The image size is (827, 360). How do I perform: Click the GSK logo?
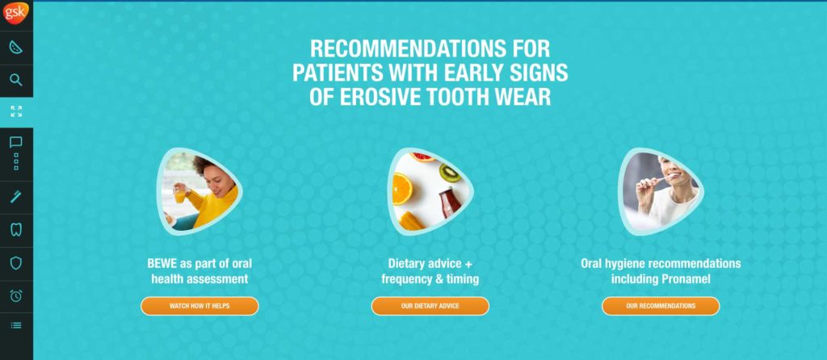click(16, 13)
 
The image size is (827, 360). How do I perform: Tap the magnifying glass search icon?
click(16, 80)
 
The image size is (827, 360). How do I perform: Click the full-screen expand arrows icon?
click(16, 111)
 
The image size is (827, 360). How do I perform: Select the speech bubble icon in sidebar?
click(16, 143)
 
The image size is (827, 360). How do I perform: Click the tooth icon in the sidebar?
click(16, 229)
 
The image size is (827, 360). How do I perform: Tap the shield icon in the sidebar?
click(16, 262)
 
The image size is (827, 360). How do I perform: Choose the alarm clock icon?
click(16, 295)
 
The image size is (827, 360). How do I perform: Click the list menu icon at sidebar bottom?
click(16, 325)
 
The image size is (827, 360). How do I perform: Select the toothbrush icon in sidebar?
click(16, 196)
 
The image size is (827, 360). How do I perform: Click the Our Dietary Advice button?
click(430, 306)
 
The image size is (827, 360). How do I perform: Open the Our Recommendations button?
click(660, 306)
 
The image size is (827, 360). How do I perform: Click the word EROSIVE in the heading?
click(376, 98)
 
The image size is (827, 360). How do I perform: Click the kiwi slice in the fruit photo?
click(449, 172)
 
